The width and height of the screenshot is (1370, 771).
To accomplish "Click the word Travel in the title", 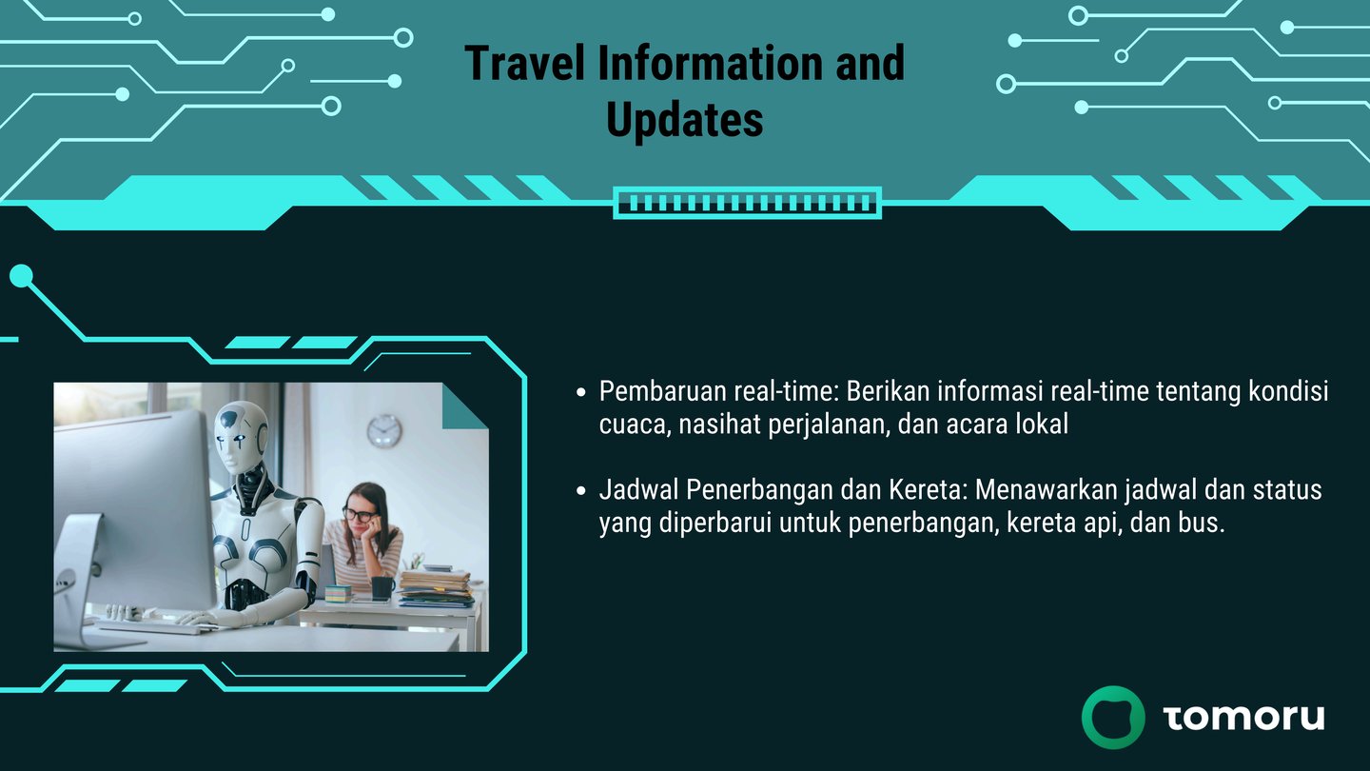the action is coord(525,63).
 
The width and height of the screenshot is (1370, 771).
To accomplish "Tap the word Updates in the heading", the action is coord(684,120).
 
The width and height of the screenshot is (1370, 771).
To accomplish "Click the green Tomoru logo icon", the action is coord(1113,717).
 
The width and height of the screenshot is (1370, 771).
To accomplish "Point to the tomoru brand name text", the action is coord(1243,717).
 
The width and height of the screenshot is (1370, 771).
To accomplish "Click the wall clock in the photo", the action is coord(384,431).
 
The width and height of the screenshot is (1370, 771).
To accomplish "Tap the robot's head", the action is coord(241,436).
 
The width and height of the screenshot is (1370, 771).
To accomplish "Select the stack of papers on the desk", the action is coord(436,588).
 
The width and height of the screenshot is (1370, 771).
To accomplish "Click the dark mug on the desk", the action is coord(382,588).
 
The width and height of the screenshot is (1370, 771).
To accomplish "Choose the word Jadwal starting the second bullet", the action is coord(638,489).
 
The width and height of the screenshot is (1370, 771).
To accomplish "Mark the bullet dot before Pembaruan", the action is coord(581,392).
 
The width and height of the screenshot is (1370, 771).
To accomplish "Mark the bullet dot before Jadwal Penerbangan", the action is coord(581,491).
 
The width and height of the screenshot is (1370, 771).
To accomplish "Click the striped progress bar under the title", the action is coord(748,203).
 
